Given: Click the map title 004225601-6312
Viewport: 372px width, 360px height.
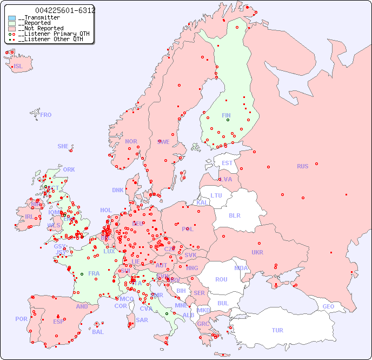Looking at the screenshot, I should pyautogui.click(x=65, y=10).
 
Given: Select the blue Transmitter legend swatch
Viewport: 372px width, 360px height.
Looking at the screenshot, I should pyautogui.click(x=12, y=18).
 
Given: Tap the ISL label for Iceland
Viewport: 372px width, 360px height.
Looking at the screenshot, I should pyautogui.click(x=18, y=67).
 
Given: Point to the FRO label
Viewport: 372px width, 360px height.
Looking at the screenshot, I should pyautogui.click(x=46, y=115).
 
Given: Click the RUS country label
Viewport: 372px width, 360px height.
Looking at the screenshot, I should pyautogui.click(x=302, y=166).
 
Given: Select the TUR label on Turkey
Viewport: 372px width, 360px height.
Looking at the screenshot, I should pyautogui.click(x=277, y=330).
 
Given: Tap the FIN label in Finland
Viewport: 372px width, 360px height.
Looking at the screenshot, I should pyautogui.click(x=226, y=115).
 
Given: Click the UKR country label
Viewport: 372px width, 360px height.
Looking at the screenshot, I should pyautogui.click(x=257, y=252).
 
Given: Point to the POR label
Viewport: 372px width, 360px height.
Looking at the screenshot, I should pyautogui.click(x=21, y=319).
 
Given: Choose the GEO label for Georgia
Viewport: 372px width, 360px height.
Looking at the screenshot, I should pyautogui.click(x=328, y=306).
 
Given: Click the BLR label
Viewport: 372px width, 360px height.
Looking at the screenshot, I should pyautogui.click(x=235, y=215).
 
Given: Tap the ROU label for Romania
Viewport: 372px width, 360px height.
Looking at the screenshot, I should pyautogui.click(x=221, y=279).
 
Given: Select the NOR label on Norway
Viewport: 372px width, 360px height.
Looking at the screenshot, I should pyautogui.click(x=131, y=141).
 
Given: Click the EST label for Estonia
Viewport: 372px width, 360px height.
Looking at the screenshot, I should pyautogui.click(x=227, y=163).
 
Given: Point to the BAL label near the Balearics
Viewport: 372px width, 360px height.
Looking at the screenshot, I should pyautogui.click(x=98, y=332).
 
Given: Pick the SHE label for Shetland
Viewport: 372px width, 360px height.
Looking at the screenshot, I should pyautogui.click(x=63, y=146).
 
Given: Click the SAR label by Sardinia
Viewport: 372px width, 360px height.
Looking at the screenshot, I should pyautogui.click(x=142, y=320).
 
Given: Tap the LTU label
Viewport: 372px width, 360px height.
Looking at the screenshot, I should pyautogui.click(x=216, y=195).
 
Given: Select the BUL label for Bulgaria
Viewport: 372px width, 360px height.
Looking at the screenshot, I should pyautogui.click(x=223, y=303).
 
